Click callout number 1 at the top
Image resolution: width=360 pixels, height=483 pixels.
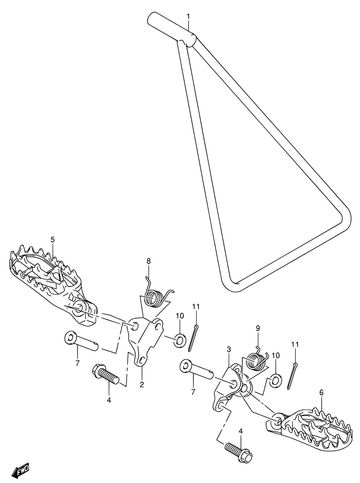pyautogui.click(x=188, y=16)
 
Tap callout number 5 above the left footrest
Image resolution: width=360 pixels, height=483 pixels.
pyautogui.click(x=52, y=240)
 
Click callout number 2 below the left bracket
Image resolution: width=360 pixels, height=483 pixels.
pyautogui.click(x=142, y=384)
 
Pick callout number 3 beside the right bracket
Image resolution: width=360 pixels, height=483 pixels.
pyautogui.click(x=229, y=349)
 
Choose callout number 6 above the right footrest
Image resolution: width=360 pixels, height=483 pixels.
pyautogui.click(x=322, y=393)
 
